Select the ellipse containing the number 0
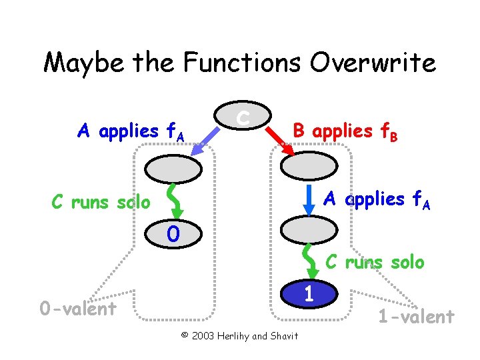tap(173, 234)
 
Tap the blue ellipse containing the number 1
tap(309, 293)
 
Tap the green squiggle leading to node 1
tap(309, 262)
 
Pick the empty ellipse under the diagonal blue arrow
tap(173, 169)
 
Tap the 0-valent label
tap(77, 308)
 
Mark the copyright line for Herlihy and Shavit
tap(240, 335)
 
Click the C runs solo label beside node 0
tap(101, 201)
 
